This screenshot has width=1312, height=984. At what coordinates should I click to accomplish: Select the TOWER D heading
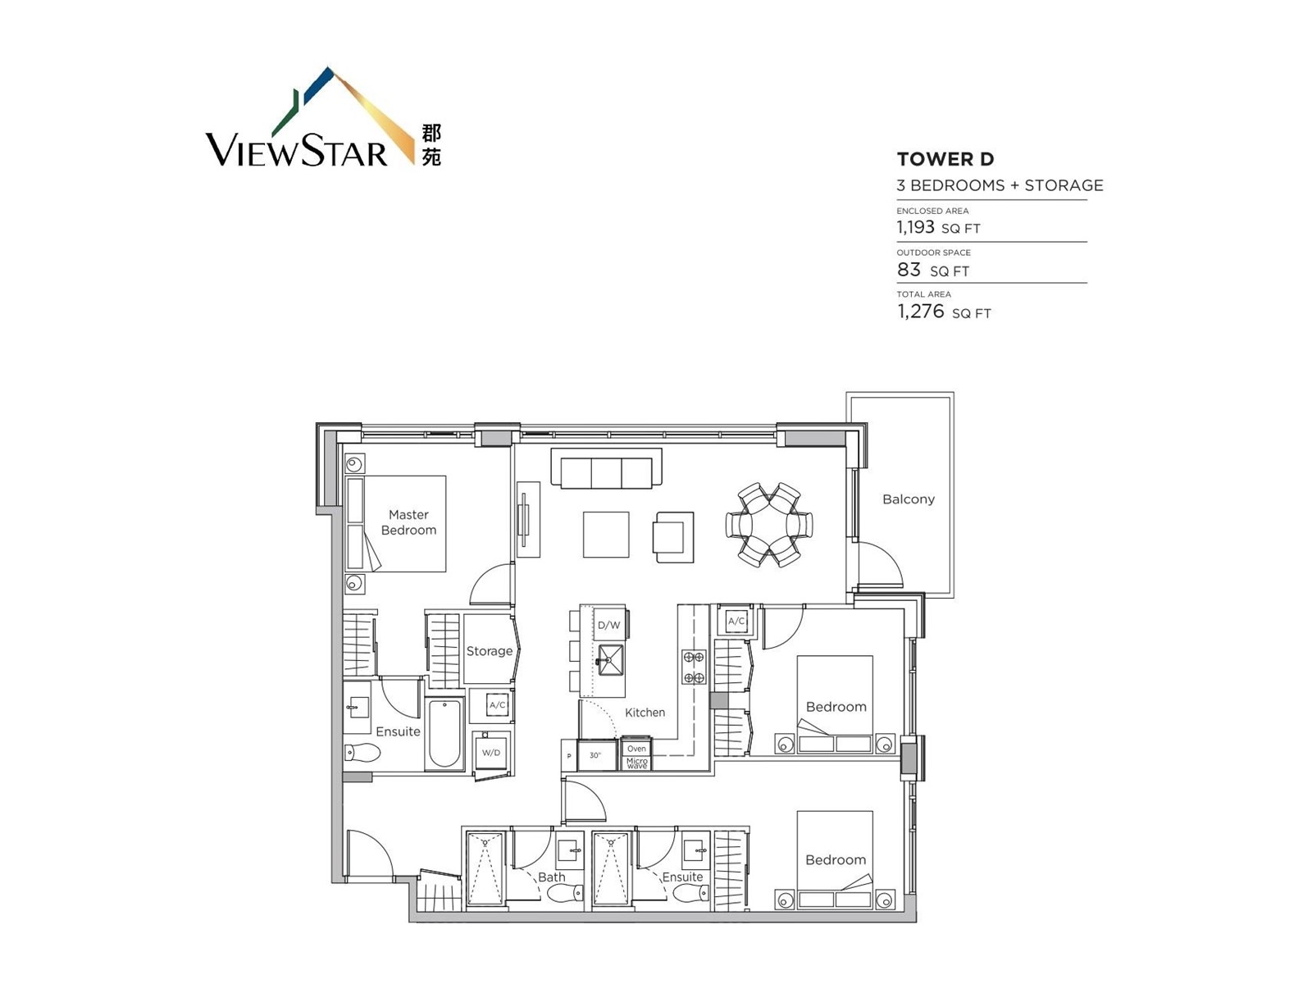[x=945, y=159]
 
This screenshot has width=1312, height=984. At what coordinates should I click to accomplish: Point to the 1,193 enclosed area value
[x=915, y=227]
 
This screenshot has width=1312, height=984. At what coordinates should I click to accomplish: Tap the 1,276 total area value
[x=920, y=312]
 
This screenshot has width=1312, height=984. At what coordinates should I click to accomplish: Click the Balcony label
[x=908, y=499]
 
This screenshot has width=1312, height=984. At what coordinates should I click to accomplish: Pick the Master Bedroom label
[x=409, y=522]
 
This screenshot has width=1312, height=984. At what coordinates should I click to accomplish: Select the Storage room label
[x=489, y=650]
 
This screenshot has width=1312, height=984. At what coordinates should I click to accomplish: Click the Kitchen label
[x=645, y=712]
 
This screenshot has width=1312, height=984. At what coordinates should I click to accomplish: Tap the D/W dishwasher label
[x=608, y=625]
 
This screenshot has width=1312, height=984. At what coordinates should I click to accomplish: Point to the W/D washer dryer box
[x=491, y=752]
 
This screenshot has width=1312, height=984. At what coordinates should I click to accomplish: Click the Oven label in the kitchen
[x=636, y=749]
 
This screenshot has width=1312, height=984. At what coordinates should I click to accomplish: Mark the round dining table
[x=768, y=525]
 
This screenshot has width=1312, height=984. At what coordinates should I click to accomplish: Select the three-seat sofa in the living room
[x=606, y=467]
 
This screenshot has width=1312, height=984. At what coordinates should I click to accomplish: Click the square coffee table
[x=606, y=534]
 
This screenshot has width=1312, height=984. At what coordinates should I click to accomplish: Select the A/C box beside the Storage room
[x=497, y=705]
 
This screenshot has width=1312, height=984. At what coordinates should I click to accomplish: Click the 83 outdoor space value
[x=909, y=270]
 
